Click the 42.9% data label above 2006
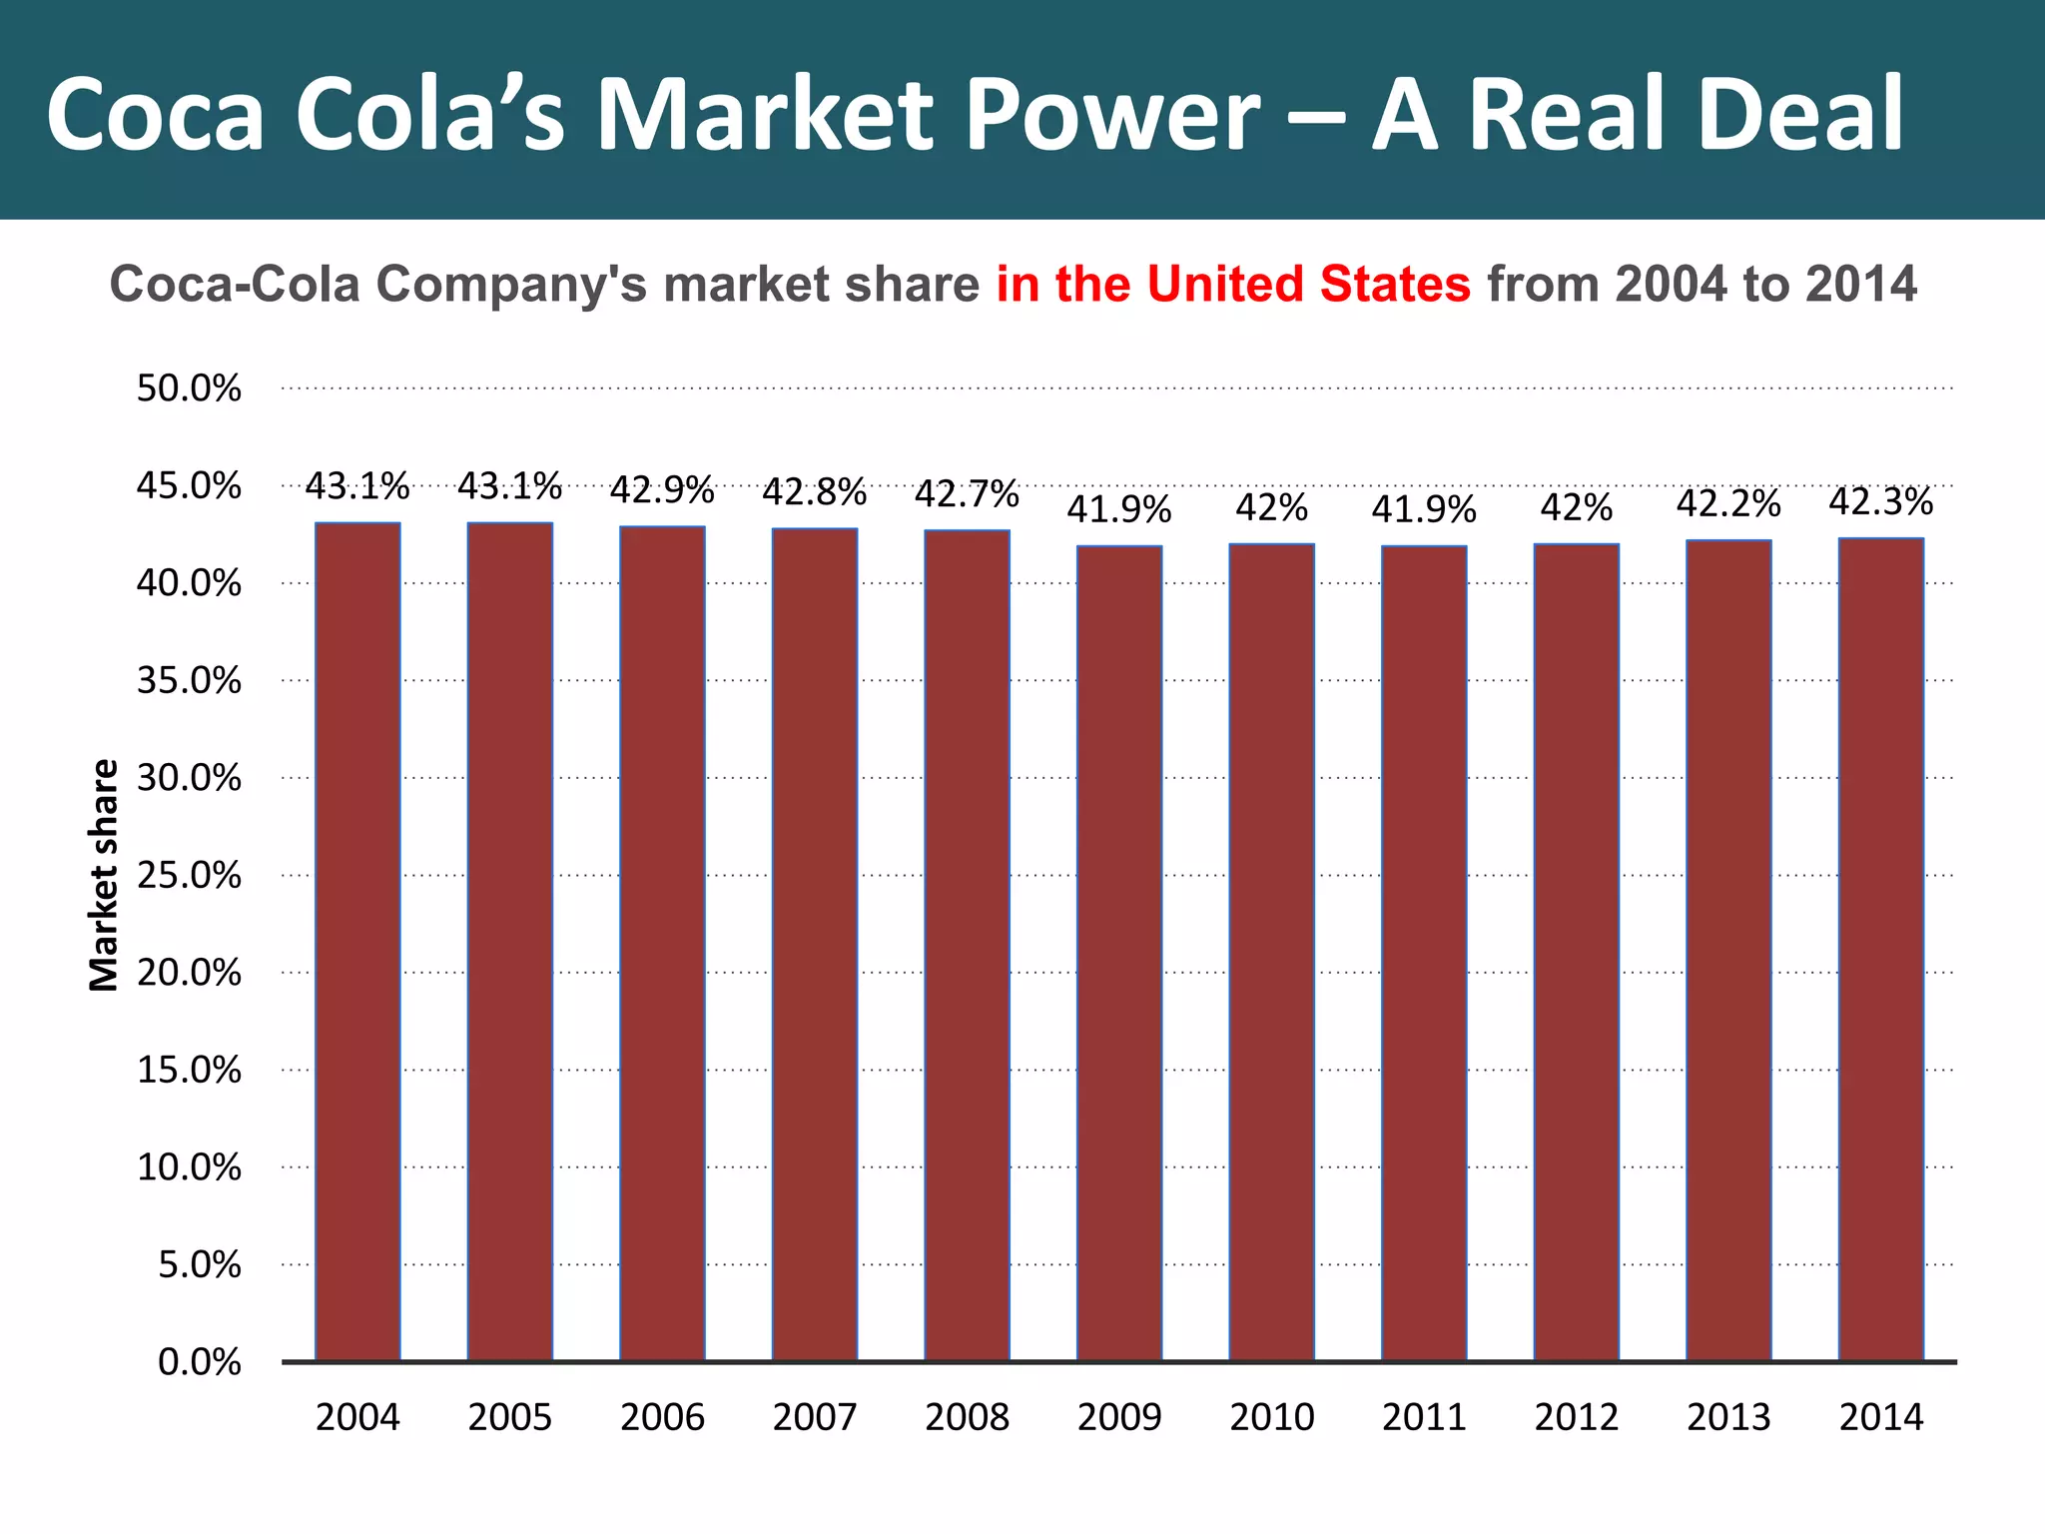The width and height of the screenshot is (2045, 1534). pyautogui.click(x=662, y=490)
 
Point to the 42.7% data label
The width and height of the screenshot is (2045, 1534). pyautogui.click(x=967, y=493)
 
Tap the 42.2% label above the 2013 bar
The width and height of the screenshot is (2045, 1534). pyautogui.click(x=1728, y=503)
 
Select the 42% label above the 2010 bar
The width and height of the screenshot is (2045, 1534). pyautogui.click(x=1271, y=508)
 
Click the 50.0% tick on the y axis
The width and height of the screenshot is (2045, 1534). pyautogui.click(x=189, y=388)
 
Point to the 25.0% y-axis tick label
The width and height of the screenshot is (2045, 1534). pyautogui.click(x=189, y=876)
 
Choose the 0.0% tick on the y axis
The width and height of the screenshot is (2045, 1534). pyautogui.click(x=199, y=1362)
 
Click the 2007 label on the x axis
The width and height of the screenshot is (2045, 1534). pyautogui.click(x=815, y=1417)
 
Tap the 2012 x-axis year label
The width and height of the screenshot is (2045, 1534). pyautogui.click(x=1577, y=1417)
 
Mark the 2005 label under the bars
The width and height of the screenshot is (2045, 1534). pyautogui.click(x=510, y=1417)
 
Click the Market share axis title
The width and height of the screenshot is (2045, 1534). pyautogui.click(x=104, y=875)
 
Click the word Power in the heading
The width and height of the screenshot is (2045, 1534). pyautogui.click(x=1098, y=115)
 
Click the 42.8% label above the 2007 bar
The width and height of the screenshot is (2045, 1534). pyautogui.click(x=814, y=492)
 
